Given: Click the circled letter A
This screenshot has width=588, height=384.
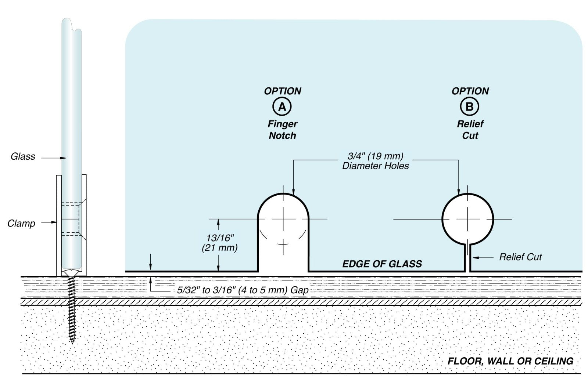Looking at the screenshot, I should (282, 107).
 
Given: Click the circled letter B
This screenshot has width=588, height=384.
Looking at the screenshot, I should (469, 107).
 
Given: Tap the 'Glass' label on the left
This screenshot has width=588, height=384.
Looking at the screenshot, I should (23, 157).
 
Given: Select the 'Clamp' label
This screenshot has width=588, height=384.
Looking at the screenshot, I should (21, 223).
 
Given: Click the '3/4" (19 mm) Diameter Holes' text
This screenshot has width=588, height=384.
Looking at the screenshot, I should (376, 161).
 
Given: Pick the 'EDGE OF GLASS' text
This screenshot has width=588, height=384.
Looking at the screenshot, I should (382, 264).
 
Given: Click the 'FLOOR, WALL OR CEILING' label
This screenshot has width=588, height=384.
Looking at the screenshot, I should (510, 361).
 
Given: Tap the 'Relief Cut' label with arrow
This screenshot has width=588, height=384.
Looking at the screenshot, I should (520, 257).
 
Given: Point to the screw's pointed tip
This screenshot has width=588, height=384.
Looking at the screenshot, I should (72, 341).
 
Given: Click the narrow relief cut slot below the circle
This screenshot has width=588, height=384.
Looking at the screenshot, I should (467, 259).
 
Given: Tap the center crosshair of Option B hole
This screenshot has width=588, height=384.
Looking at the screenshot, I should (467, 219).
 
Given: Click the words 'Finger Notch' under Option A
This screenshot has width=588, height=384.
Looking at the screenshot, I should (282, 130).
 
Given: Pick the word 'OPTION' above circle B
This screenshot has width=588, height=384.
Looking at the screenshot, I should (470, 91).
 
